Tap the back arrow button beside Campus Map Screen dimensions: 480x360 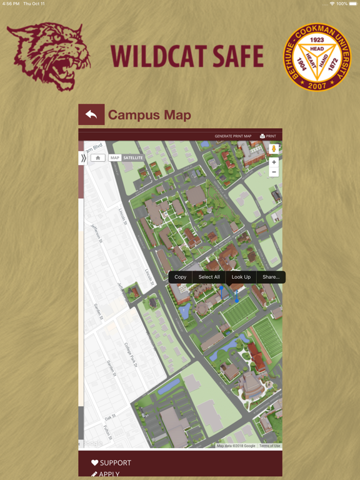coord(91,115)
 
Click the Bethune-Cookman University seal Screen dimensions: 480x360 coord(317,57)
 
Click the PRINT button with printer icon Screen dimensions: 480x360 coord(267,136)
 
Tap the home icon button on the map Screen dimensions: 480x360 coord(97,157)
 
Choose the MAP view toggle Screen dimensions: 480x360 coord(115,157)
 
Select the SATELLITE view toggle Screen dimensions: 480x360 coord(133,157)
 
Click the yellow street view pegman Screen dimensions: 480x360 coord(274,149)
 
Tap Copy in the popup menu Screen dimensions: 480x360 coord(181,277)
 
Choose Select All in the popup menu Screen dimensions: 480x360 coord(209,277)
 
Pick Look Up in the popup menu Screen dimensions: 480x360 coord(241,277)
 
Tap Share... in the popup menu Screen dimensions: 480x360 coord(271,277)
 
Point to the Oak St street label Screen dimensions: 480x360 coord(109,417)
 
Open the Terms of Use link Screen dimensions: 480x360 coord(269,446)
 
